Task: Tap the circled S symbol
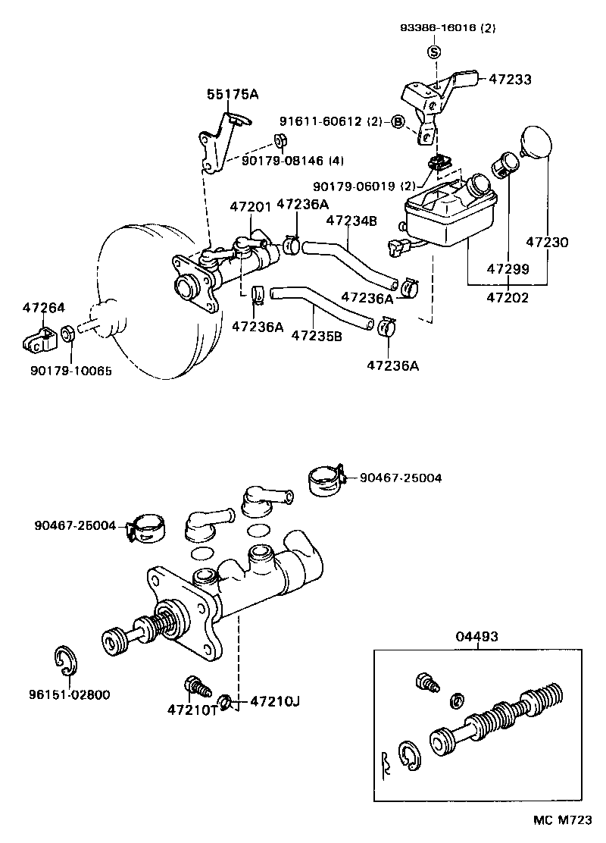point(434,52)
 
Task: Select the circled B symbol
point(398,121)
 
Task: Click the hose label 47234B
point(351,221)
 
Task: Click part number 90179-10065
point(65,371)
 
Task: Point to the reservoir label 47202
point(507,298)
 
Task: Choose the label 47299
point(507,269)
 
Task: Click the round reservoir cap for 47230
point(536,143)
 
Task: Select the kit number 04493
point(476,637)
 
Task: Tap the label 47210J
point(275,701)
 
